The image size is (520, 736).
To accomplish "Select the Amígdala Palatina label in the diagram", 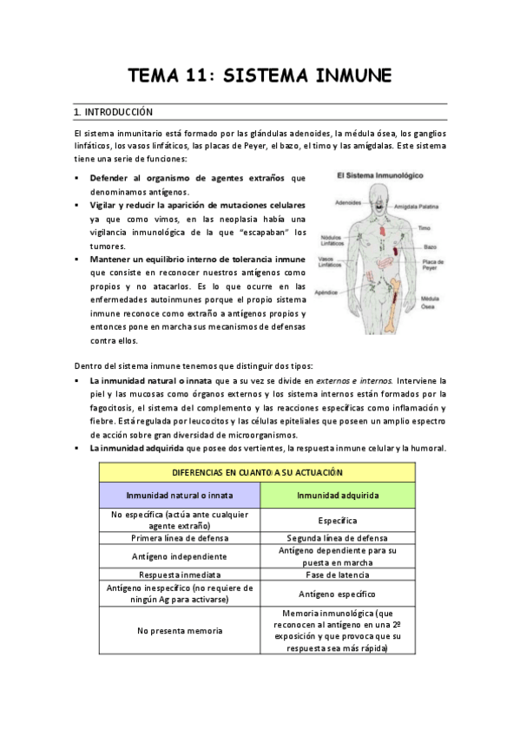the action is click(418, 207).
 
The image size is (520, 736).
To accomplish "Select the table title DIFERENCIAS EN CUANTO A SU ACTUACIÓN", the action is click(257, 472).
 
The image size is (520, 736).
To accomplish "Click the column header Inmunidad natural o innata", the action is click(179, 496).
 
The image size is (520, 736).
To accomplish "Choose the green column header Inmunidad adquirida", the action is click(338, 496).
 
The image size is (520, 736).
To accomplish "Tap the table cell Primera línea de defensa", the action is click(179, 538).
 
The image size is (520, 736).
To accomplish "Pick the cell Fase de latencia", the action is click(338, 575).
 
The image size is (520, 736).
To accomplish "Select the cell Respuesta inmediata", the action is click(179, 575).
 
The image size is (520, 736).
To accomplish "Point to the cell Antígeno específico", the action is click(338, 595).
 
